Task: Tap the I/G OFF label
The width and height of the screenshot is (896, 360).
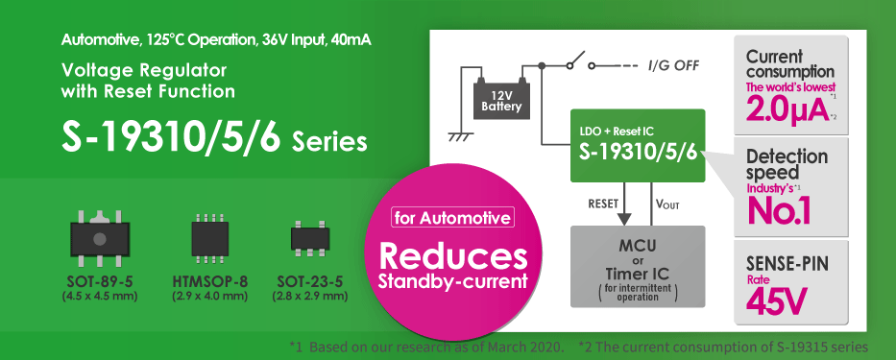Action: (673, 65)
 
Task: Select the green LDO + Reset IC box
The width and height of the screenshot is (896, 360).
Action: (638, 146)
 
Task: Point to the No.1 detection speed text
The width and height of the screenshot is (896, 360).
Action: (779, 210)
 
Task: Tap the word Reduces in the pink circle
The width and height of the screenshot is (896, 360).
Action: (453, 257)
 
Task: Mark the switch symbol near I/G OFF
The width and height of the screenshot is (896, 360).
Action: (575, 64)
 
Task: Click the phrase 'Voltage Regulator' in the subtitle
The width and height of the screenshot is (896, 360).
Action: (143, 70)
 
